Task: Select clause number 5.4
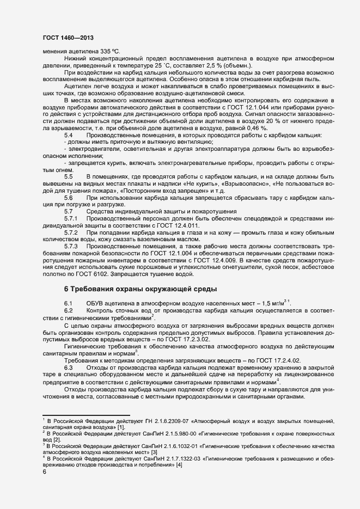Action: point(69,135)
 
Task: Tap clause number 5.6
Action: point(69,198)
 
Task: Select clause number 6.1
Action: point(69,303)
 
